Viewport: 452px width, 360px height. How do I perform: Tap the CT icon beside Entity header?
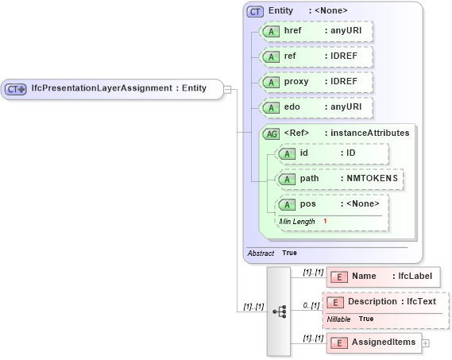tap(255, 11)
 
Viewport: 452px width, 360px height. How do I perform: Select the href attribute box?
tap(317, 32)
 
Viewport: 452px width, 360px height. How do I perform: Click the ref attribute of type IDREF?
tap(317, 57)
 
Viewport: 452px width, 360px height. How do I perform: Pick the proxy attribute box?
tap(317, 82)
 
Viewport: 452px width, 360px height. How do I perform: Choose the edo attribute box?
tap(317, 107)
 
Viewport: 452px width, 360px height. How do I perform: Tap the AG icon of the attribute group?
tap(271, 134)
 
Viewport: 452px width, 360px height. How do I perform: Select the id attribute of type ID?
tap(331, 153)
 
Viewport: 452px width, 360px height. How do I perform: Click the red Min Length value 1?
tap(325, 221)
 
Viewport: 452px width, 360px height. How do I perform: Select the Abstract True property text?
tap(272, 253)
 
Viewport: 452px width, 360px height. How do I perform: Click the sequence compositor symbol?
tap(280, 312)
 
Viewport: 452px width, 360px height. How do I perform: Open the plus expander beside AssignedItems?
tap(426, 343)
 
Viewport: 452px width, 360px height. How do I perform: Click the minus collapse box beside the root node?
tap(226, 89)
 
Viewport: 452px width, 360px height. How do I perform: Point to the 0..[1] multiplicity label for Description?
tap(311, 305)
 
